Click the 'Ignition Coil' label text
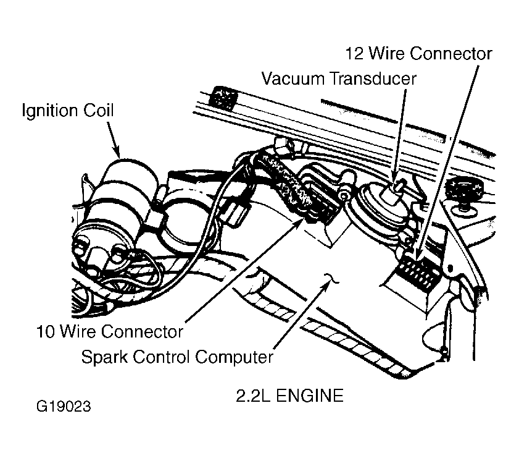(x=68, y=111)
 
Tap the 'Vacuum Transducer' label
(x=339, y=79)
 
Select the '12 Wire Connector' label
(x=418, y=53)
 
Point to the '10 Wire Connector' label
(x=110, y=331)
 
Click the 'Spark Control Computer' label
(x=177, y=357)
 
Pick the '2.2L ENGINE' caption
(x=289, y=396)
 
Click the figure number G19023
(x=63, y=407)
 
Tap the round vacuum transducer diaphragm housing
(x=381, y=212)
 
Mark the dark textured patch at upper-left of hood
(x=224, y=98)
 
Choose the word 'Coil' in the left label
(x=98, y=111)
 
